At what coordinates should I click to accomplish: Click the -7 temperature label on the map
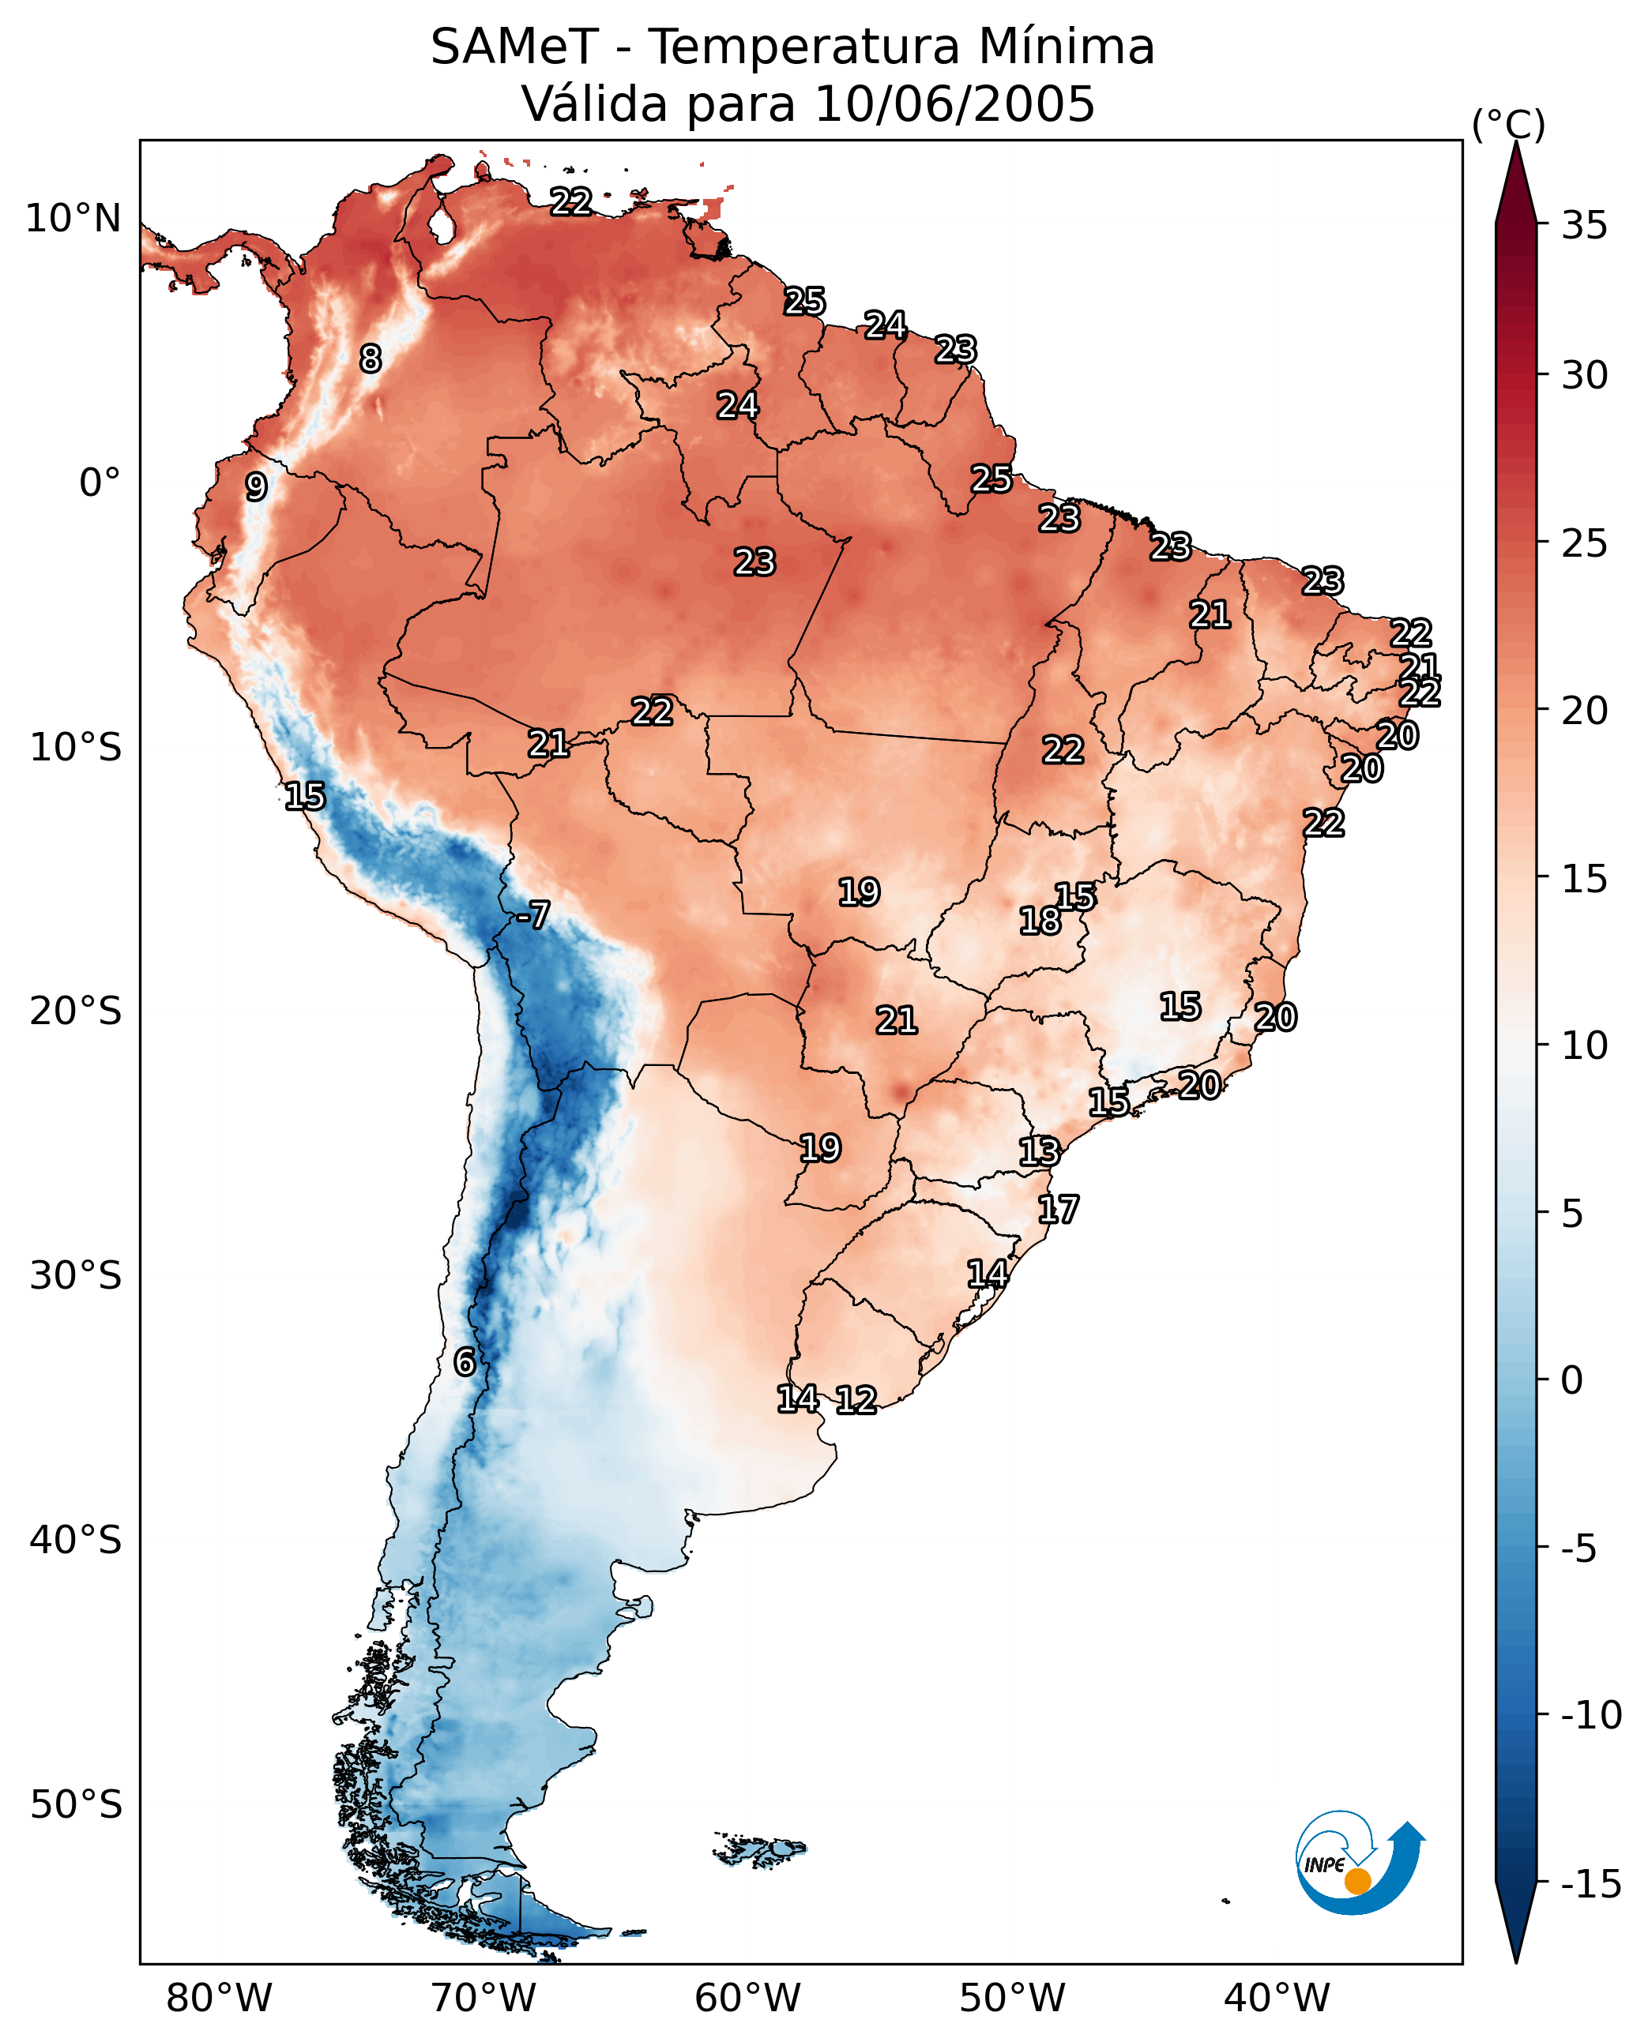533,914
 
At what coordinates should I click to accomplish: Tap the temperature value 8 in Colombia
371,358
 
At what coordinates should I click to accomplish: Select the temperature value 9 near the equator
256,486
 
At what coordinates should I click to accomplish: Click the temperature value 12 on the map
856,1399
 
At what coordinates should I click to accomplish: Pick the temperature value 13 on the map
1040,1151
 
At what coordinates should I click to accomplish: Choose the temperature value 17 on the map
1059,1209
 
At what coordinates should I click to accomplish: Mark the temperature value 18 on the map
1040,921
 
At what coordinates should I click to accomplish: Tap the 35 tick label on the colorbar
1584,226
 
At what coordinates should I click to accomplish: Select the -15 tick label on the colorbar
1591,1883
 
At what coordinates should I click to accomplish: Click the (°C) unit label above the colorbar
1508,124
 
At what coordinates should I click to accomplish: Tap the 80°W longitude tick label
220,1998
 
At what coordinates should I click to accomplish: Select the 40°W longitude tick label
1277,1998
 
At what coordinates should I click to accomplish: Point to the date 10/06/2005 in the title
955,103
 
